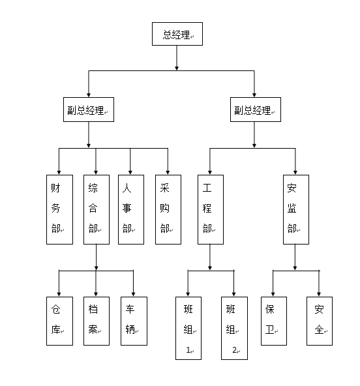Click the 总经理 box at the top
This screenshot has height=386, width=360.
177,34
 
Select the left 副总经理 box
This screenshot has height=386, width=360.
89,110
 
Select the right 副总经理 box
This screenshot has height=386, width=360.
256,110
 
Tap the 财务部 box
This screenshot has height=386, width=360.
59,209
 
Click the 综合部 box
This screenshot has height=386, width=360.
97,209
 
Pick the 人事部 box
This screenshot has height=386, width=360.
131,209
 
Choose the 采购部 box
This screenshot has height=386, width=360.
168,209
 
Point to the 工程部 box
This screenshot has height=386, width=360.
211,209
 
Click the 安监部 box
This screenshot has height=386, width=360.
296,209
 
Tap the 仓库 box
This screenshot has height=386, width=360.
59,321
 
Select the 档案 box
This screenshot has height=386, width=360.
97,321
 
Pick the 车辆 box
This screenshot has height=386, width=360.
134,321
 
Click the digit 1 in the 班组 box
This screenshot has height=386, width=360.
188,349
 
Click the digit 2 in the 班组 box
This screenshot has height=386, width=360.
234,349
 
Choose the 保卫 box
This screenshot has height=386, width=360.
274,321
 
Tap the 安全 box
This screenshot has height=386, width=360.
320,321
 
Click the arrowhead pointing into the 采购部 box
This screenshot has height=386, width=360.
168,172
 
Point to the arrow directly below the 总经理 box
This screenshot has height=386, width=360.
177,58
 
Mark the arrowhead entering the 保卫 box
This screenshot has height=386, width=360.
273,294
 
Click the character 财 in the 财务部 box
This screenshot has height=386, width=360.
55,188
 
